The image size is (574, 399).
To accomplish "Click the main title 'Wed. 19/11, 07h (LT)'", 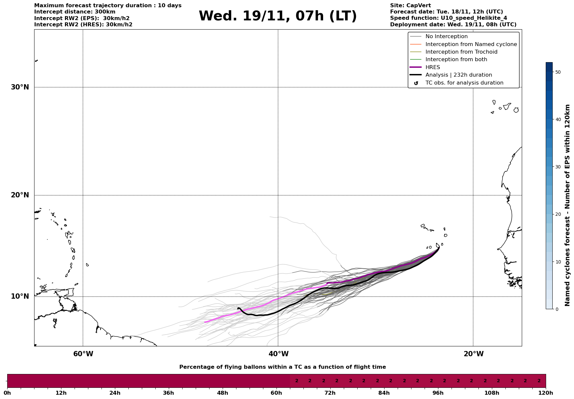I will click(277, 16).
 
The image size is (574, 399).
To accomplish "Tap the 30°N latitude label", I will click(20, 87).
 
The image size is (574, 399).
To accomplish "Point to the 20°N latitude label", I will click(20, 195).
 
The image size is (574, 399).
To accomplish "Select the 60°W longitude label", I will click(83, 354).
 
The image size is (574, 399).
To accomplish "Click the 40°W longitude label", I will click(278, 354).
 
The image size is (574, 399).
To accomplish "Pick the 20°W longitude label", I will click(474, 354).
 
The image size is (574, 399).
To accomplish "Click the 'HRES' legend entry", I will click(432, 67).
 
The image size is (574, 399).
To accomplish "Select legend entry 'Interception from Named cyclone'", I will click(471, 44).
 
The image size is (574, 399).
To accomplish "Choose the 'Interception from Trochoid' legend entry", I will click(461, 52).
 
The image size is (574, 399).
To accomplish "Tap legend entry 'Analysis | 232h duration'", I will click(458, 75).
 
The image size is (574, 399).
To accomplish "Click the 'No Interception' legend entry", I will click(446, 37).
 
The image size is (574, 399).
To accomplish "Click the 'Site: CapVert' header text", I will click(410, 6).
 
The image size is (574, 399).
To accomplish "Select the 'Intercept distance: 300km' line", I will click(75, 12).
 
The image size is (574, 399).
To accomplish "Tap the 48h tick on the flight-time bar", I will click(222, 393).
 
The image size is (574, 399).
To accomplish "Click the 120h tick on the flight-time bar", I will click(546, 393).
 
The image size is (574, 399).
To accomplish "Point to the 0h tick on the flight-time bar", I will click(7, 393).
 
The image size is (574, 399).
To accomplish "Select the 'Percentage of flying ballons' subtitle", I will click(282, 367).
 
